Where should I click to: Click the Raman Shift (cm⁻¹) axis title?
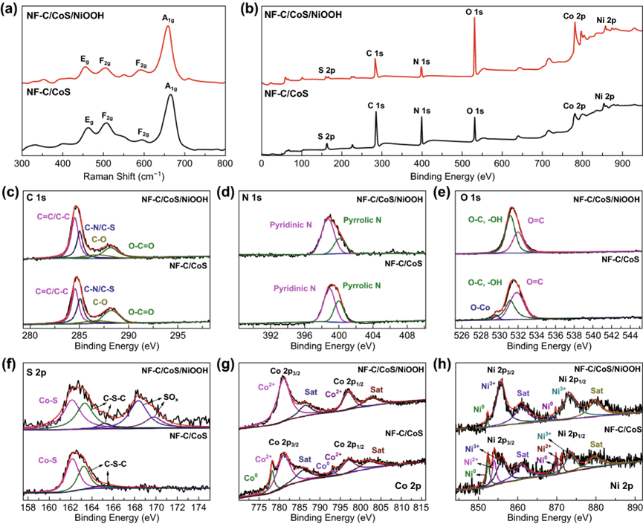pyautogui.click(x=123, y=176)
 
